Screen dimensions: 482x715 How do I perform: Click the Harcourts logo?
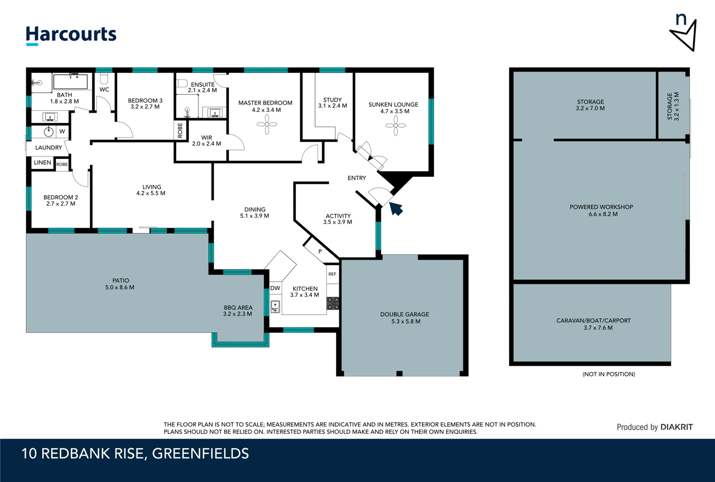(x=71, y=35)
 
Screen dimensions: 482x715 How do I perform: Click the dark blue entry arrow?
(x=396, y=208)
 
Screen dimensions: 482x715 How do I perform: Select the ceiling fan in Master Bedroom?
(x=267, y=124)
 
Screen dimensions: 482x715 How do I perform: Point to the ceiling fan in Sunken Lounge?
(x=396, y=125)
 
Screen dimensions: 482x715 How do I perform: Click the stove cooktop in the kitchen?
(x=333, y=303)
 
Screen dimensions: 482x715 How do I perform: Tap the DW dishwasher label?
(x=275, y=288)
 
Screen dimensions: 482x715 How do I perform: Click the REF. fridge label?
(x=332, y=274)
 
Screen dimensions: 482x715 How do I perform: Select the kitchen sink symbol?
(x=275, y=307)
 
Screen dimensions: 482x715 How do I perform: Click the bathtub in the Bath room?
(x=70, y=82)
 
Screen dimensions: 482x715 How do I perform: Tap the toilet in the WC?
(x=104, y=79)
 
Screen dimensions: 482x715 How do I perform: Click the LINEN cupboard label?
(x=42, y=162)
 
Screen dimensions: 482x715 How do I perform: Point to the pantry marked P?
(x=320, y=251)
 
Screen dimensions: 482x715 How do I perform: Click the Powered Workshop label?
(x=601, y=207)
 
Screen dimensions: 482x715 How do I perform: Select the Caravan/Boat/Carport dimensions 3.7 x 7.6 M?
(x=598, y=328)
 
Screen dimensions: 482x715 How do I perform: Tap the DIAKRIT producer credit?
(x=676, y=427)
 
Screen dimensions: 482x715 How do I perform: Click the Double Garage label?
(x=404, y=314)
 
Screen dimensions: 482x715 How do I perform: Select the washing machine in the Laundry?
(x=49, y=132)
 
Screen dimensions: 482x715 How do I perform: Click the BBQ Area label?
(x=238, y=307)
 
